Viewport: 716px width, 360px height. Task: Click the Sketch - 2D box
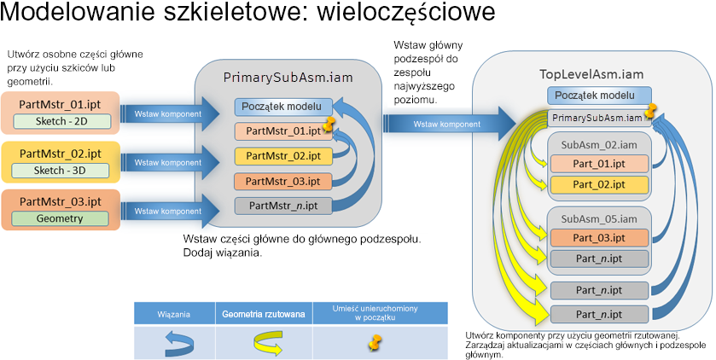62,121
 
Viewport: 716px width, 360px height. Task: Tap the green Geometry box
60,218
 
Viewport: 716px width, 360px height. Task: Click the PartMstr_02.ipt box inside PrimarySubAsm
283,156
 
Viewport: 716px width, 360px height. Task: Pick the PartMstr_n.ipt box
283,206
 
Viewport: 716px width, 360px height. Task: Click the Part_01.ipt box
599,164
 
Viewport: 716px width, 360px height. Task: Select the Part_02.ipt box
599,185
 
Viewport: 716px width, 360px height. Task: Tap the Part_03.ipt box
599,238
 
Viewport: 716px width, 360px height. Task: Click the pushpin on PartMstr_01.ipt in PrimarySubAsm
328,124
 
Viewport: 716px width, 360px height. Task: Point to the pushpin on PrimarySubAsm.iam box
649,111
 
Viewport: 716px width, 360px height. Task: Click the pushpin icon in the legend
375,343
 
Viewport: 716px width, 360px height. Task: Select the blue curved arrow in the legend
179,344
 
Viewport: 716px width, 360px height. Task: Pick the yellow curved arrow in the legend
269,344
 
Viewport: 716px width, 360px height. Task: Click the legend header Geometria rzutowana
264,315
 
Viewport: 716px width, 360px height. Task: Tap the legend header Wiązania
174,315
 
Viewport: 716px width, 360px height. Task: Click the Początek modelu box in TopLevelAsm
599,96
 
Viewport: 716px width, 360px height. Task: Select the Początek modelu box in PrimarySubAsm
283,107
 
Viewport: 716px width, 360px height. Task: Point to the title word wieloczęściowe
405,12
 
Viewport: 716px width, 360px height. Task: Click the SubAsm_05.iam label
599,219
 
